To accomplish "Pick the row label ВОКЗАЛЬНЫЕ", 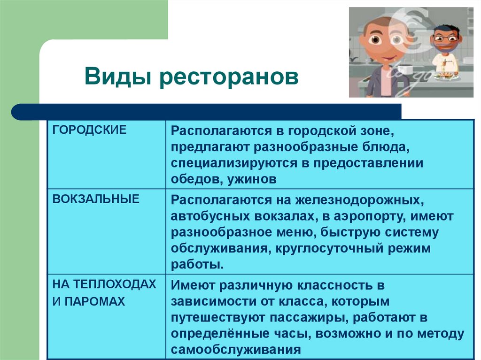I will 96,199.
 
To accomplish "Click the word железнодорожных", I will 357,200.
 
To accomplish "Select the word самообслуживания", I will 235,350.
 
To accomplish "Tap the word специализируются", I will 234,163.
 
